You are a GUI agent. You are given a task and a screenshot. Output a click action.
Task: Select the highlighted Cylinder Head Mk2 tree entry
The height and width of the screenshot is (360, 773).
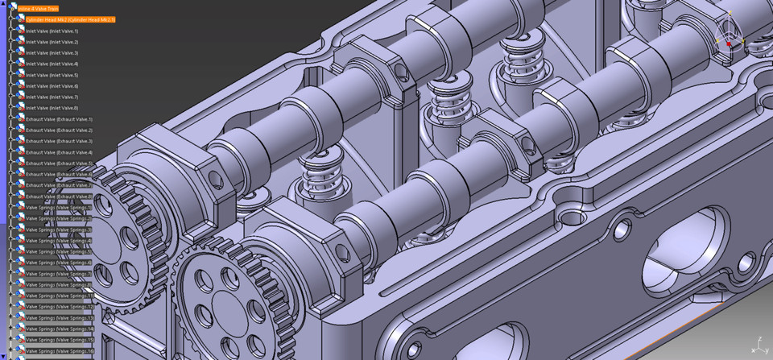(x=70, y=19)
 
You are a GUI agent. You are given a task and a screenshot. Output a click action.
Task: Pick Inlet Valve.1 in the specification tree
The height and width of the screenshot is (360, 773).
(x=52, y=31)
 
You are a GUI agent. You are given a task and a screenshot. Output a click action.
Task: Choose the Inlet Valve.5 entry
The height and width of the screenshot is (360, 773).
(x=52, y=75)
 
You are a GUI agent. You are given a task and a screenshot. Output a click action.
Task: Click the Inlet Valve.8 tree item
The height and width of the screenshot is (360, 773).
(x=52, y=108)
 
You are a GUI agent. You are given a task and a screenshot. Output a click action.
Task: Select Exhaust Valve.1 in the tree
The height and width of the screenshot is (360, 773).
(x=59, y=119)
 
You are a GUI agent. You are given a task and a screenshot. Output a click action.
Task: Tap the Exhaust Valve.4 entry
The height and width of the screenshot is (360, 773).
(x=59, y=152)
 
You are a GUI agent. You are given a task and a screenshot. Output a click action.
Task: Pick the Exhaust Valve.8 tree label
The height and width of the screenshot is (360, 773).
(x=59, y=197)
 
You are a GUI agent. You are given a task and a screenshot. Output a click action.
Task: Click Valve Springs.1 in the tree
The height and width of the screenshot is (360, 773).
(x=59, y=208)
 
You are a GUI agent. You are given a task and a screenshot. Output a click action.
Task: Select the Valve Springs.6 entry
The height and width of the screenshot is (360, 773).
(x=59, y=263)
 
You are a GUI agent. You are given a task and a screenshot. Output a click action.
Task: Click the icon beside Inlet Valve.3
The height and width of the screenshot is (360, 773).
(x=21, y=52)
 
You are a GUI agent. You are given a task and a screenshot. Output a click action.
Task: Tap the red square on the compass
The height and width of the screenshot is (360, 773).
(x=730, y=44)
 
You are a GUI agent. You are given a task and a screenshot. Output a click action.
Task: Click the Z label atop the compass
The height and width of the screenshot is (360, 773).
(x=730, y=14)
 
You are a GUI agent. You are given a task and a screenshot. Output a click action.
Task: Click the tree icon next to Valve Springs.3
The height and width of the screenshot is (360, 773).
(x=21, y=230)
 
